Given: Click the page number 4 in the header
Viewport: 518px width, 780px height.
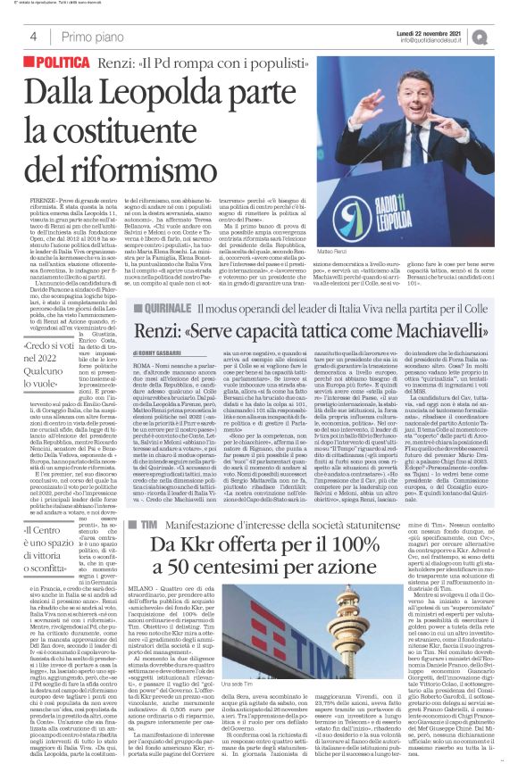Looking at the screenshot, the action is pos(32,36).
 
